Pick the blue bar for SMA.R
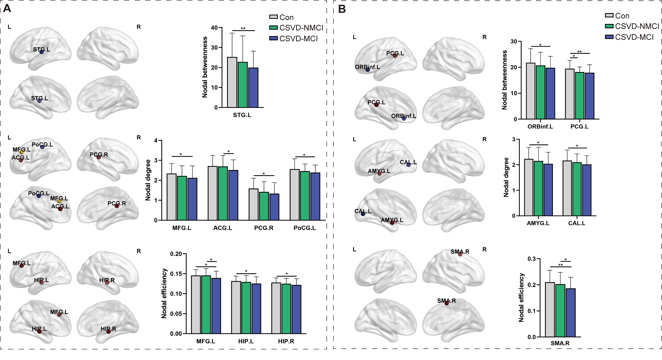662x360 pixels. (570, 313)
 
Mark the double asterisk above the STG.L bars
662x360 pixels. (243, 28)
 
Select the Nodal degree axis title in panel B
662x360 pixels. (506, 177)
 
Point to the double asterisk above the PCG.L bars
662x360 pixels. (580, 52)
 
